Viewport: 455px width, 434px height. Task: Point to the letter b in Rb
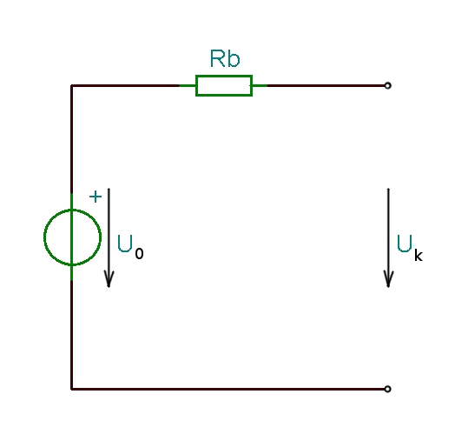(234, 59)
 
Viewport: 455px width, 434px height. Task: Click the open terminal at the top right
(387, 85)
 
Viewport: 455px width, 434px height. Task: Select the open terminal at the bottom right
(387, 389)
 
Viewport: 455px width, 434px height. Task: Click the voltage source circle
(44, 237)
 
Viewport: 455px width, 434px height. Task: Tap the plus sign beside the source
(96, 197)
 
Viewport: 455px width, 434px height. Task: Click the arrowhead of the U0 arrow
(109, 280)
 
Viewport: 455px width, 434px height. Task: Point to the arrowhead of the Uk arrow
(388, 280)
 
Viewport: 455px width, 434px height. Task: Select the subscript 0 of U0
(139, 254)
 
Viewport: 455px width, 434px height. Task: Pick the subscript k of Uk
(419, 256)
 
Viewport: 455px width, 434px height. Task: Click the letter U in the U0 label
(125, 244)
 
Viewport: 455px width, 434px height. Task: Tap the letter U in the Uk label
(405, 244)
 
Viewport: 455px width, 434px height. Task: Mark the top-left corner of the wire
(72, 85)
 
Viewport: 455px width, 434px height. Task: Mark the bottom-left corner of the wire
(72, 389)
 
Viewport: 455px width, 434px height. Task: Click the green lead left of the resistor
(188, 85)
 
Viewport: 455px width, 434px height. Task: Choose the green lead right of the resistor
(260, 85)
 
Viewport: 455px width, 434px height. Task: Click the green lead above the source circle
(72, 201)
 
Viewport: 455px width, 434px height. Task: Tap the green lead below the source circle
(72, 273)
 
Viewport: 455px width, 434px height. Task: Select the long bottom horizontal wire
(228, 389)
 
